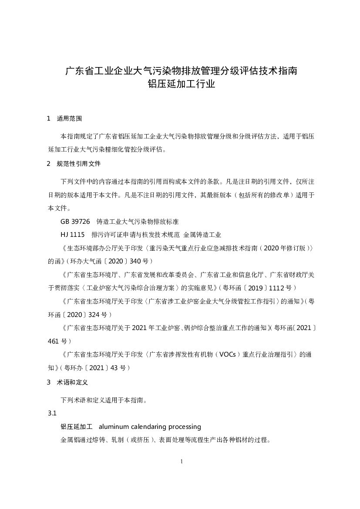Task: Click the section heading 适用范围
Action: click(x=69, y=118)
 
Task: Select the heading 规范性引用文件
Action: click(x=78, y=164)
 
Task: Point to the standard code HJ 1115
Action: click(x=73, y=235)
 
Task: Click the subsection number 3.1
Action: click(x=52, y=413)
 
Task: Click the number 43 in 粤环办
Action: click(x=114, y=367)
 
